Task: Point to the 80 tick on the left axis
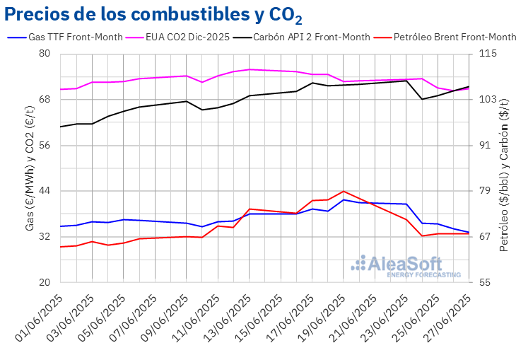pyautogui.click(x=45, y=54)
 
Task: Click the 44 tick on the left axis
pyautogui.click(x=45, y=191)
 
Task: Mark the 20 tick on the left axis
pyautogui.click(x=45, y=282)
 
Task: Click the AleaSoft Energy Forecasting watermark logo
pyautogui.click(x=406, y=266)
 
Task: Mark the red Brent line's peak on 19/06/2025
pyautogui.click(x=343, y=191)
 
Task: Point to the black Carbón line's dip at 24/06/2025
pyautogui.click(x=422, y=99)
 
